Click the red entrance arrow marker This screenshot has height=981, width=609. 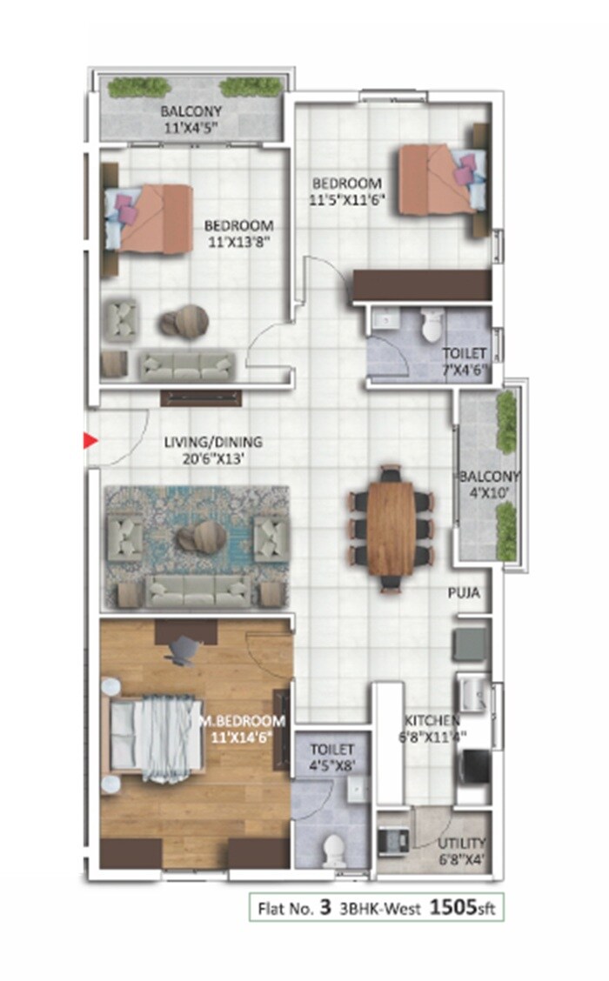tap(89, 441)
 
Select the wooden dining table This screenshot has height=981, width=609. tap(391, 528)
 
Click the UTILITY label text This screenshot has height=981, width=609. tap(463, 844)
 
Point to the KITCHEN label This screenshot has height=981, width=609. tap(432, 720)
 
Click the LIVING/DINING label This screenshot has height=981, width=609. tap(213, 442)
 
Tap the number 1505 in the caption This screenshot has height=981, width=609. tap(452, 909)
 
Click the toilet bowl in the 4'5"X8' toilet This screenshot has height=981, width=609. tap(331, 849)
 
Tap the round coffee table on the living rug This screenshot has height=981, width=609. tap(202, 537)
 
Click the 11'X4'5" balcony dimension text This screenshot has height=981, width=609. tap(191, 126)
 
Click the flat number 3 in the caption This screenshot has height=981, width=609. tap(325, 909)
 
